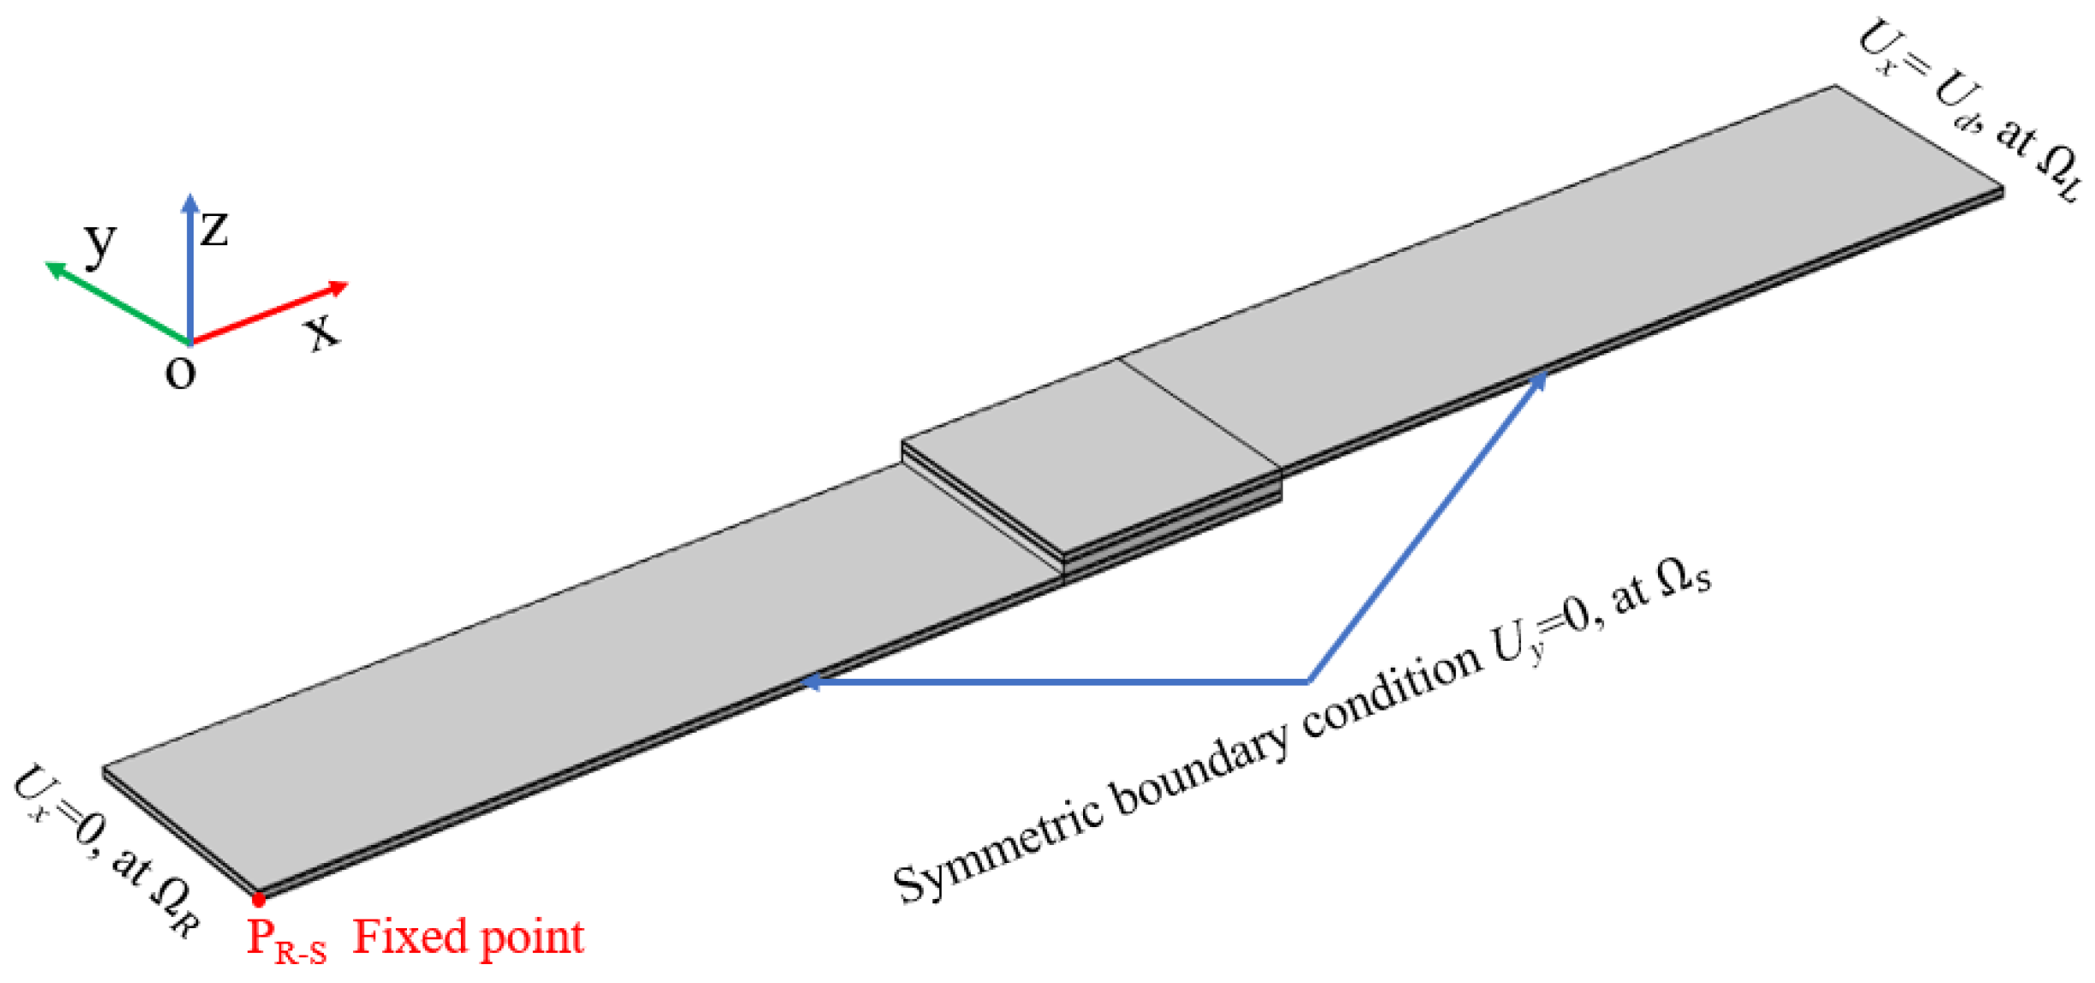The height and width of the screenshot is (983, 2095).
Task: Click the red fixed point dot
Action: (x=259, y=900)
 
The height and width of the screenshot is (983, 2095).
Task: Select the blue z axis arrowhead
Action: (x=190, y=204)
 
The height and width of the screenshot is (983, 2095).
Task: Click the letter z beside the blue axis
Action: (x=214, y=229)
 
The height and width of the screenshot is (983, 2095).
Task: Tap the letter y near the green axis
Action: (x=100, y=243)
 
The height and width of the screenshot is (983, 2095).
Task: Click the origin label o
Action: (x=181, y=373)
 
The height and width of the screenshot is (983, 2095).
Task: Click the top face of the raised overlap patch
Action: (x=1088, y=454)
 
